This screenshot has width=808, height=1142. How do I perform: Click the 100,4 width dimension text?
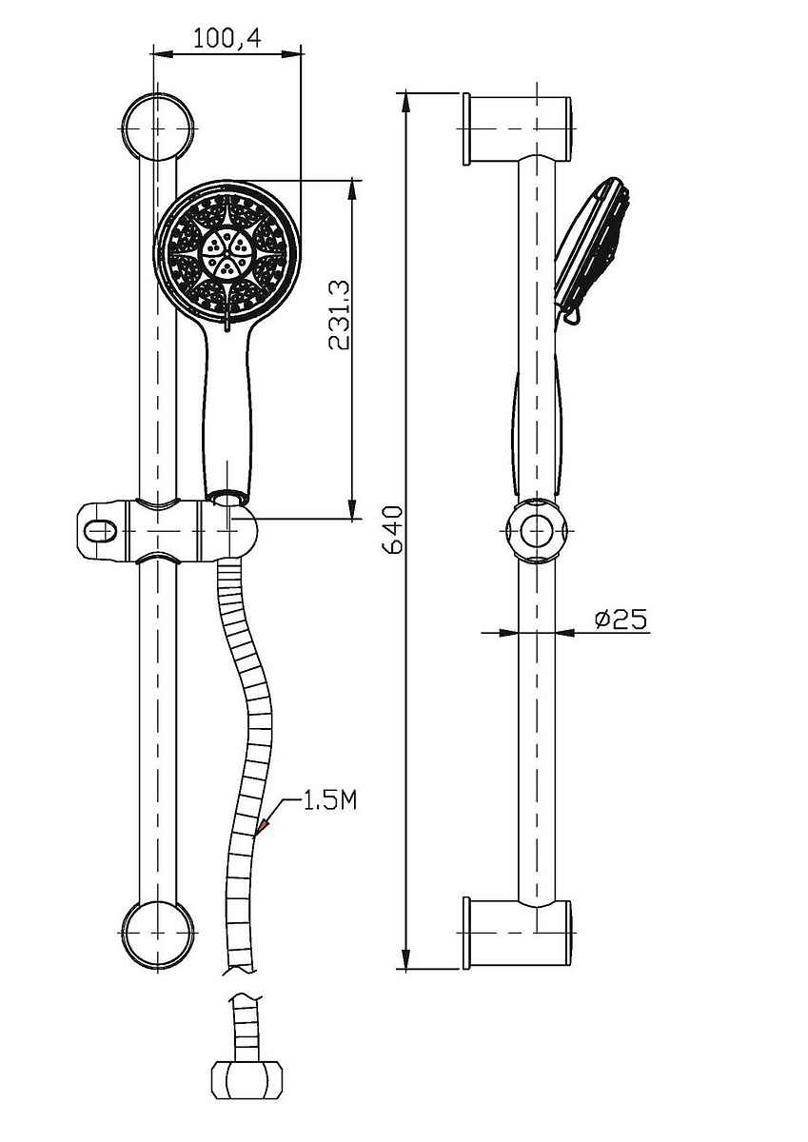pyautogui.click(x=227, y=38)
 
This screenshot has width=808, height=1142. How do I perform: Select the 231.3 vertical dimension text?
pyautogui.click(x=339, y=315)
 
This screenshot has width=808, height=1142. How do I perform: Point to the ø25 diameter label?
pyautogui.click(x=621, y=619)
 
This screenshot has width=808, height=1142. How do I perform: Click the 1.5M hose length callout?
pyautogui.click(x=330, y=802)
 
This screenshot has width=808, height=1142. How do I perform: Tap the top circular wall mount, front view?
pyautogui.click(x=159, y=128)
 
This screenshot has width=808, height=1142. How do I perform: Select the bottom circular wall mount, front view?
pyautogui.click(x=159, y=933)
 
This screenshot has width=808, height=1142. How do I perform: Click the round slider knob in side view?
pyautogui.click(x=537, y=531)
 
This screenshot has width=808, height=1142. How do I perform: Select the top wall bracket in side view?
pyautogui.click(x=518, y=129)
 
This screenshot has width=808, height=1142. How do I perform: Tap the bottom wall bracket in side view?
pyautogui.click(x=518, y=933)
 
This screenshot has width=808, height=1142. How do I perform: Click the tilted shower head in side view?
pyautogui.click(x=591, y=249)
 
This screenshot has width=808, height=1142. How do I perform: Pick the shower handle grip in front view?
pyautogui.click(x=228, y=408)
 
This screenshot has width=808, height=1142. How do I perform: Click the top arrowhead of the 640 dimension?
pyautogui.click(x=405, y=101)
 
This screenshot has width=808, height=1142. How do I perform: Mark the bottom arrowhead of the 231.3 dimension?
pyautogui.click(x=352, y=509)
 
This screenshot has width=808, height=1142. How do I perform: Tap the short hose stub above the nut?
pyautogui.click(x=246, y=1026)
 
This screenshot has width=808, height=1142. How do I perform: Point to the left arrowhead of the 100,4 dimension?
pyautogui.click(x=163, y=53)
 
